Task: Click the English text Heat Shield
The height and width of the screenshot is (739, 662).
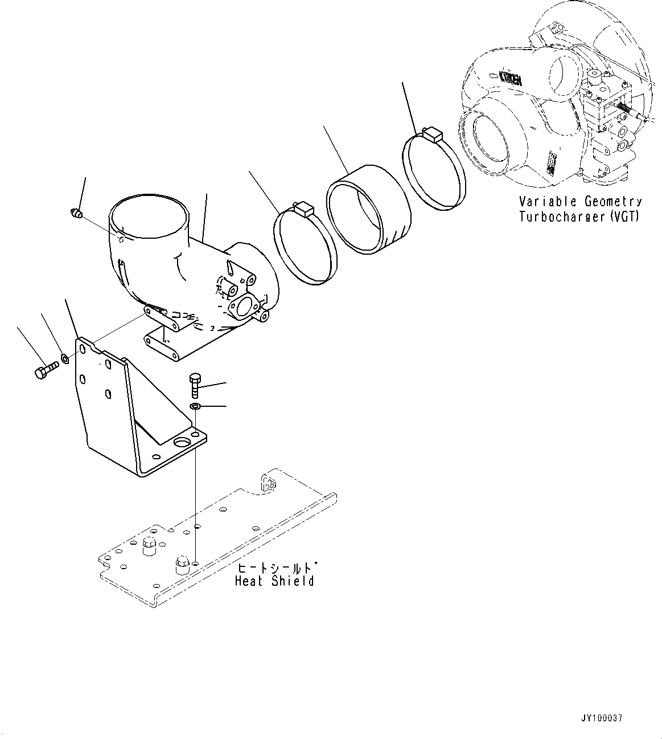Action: [x=274, y=581]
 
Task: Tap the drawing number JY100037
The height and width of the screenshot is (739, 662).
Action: [x=602, y=718]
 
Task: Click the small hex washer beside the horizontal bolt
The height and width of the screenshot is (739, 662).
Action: [x=65, y=359]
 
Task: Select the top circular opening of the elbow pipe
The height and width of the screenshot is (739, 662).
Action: [x=150, y=219]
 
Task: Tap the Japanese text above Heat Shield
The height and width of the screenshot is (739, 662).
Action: [x=276, y=567]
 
